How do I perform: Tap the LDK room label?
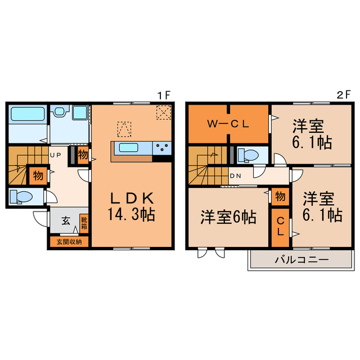pos(131,198)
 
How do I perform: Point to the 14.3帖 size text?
pos(131,214)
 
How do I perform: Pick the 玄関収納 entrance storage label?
pos(69,242)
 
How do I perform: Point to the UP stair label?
pos(55,154)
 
